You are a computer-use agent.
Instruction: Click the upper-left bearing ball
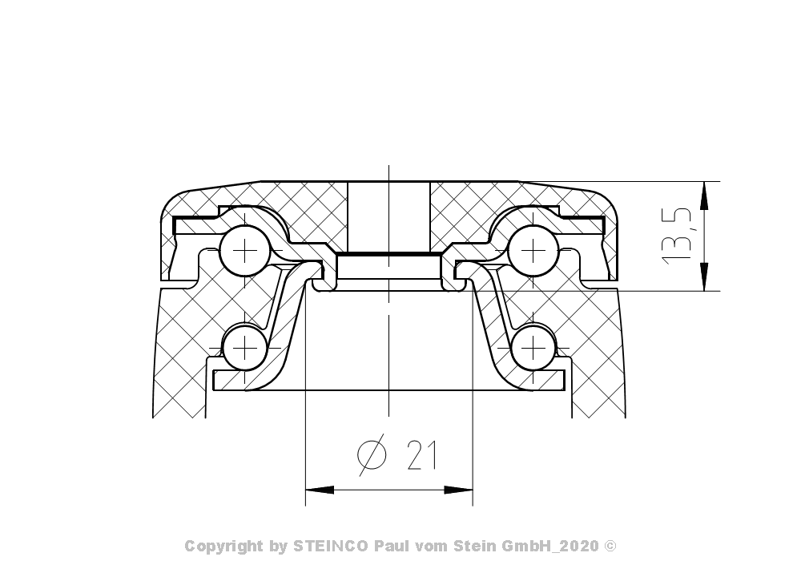245,251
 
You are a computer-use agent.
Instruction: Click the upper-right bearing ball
533,251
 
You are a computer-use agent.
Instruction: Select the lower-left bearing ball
245,348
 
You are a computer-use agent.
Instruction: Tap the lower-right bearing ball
533,348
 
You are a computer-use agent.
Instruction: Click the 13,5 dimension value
677,236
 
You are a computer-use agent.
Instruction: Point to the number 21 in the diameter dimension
422,455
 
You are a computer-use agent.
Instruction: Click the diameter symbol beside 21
372,454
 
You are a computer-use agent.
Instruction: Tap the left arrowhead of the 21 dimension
320,490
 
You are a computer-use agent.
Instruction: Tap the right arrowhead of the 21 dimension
458,490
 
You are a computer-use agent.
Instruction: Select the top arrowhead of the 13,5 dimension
704,196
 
